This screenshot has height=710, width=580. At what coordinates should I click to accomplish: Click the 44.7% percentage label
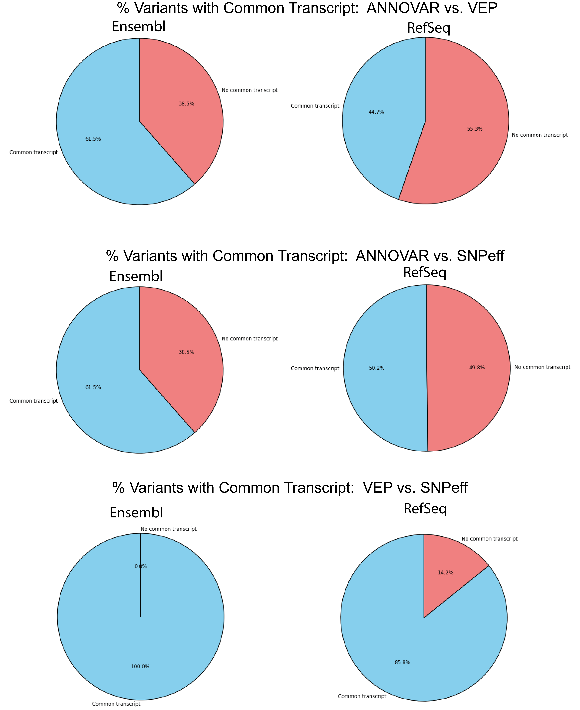(x=376, y=112)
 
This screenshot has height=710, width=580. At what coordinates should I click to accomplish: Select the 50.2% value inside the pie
(x=376, y=368)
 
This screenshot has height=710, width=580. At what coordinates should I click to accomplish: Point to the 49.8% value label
(x=477, y=367)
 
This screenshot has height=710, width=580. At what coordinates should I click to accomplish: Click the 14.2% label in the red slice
(x=445, y=572)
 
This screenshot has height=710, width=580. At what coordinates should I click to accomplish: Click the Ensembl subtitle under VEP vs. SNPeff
(x=136, y=513)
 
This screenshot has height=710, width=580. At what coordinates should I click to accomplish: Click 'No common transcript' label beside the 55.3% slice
(x=540, y=135)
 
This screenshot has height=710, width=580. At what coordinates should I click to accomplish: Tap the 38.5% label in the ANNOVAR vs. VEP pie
(x=186, y=104)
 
